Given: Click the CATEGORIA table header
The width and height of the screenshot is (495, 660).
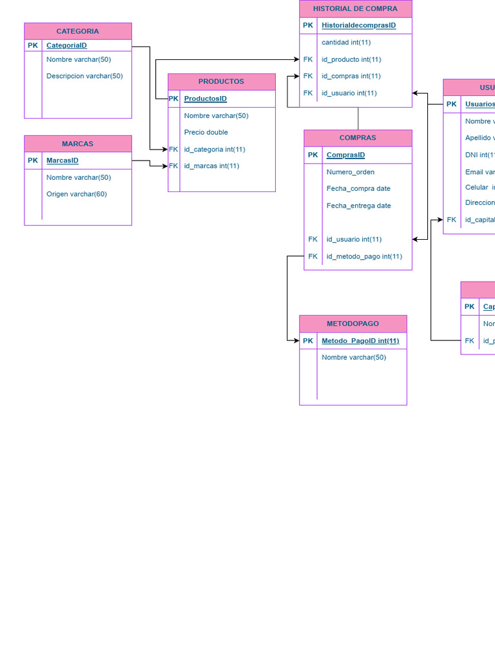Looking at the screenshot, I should (x=77, y=31).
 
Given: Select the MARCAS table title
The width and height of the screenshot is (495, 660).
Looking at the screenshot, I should (x=77, y=144).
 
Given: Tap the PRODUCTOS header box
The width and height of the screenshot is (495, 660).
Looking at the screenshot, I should (x=221, y=82).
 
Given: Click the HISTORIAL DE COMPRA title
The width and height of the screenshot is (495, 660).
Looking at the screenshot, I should (x=355, y=9).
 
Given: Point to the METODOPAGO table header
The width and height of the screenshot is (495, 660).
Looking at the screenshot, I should (x=353, y=324).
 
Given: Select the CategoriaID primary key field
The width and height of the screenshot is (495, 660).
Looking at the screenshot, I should (x=66, y=46).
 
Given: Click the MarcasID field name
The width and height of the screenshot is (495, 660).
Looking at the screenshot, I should (x=63, y=160).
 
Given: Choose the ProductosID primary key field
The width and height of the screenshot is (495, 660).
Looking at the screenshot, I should (x=205, y=99).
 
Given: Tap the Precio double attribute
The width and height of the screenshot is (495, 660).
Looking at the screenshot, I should (x=206, y=132).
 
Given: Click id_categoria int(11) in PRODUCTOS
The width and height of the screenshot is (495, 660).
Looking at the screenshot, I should (x=215, y=149).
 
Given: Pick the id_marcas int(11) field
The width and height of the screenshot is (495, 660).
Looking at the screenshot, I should (x=211, y=166).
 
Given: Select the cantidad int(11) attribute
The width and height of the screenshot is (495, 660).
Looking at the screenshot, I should (x=346, y=43).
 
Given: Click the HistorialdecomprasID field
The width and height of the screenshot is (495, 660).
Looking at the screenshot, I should (x=358, y=26).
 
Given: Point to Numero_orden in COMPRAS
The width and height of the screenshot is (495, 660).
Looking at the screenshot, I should (x=350, y=172).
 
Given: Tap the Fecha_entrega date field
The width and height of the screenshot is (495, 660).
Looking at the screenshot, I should (x=358, y=206).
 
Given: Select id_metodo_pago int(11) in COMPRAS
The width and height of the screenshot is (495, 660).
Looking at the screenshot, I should (x=364, y=256).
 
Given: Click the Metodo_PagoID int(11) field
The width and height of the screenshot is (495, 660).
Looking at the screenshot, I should (x=360, y=340).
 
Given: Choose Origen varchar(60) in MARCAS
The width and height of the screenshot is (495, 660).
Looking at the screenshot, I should (x=77, y=194).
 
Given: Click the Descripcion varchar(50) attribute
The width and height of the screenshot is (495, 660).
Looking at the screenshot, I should (x=84, y=76).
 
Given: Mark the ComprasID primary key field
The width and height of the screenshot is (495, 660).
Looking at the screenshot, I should (x=345, y=155).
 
